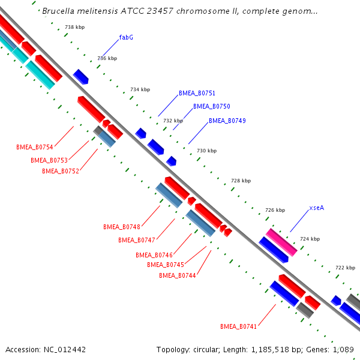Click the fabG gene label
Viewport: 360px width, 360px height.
126,37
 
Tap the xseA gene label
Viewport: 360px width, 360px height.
317,208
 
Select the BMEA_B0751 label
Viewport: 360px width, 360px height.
197,94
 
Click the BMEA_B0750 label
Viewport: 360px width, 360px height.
211,106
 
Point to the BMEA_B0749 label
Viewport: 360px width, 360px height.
227,121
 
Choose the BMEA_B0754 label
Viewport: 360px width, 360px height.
35,148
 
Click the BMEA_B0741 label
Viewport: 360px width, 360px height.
238,327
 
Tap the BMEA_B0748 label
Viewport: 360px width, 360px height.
121,227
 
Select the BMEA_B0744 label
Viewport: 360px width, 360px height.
178,276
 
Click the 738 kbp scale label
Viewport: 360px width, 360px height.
74,28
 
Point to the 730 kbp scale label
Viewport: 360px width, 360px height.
206,151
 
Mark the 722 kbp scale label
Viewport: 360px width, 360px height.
345,268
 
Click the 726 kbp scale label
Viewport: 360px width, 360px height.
275,210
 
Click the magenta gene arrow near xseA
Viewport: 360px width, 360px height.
281,242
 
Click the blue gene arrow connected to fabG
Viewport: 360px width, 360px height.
80,76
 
